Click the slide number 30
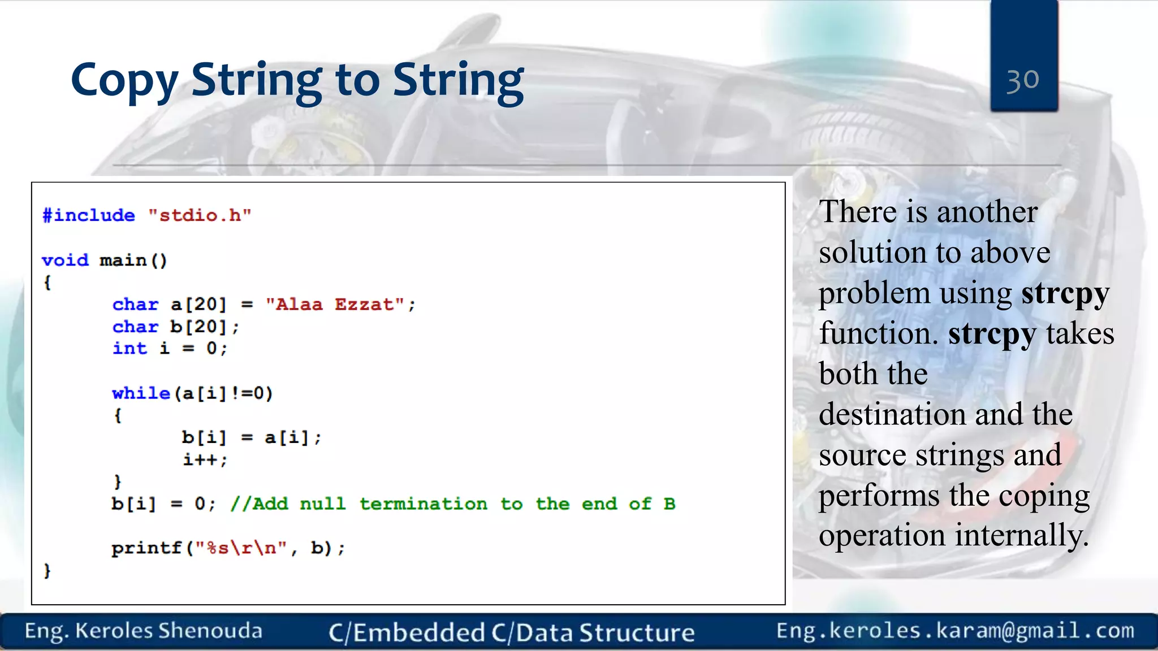pyautogui.click(x=1022, y=80)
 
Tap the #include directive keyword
pyautogui.click(x=89, y=215)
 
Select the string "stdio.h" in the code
pyautogui.click(x=199, y=215)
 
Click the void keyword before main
pyautogui.click(x=65, y=260)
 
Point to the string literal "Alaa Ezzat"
pyautogui.click(x=335, y=305)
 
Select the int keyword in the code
pyautogui.click(x=129, y=348)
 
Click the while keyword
pyautogui.click(x=141, y=393)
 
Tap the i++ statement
pyautogui.click(x=204, y=459)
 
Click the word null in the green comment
pyautogui.click(x=322, y=504)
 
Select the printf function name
pyautogui.click(x=146, y=548)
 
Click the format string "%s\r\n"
pyautogui.click(x=241, y=548)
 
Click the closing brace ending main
pyautogui.click(x=47, y=570)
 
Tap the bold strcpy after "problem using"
pyautogui.click(x=1065, y=293)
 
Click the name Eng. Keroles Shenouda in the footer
pyautogui.click(x=144, y=631)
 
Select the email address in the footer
pyautogui.click(x=955, y=631)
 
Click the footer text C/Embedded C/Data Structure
pyautogui.click(x=512, y=632)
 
